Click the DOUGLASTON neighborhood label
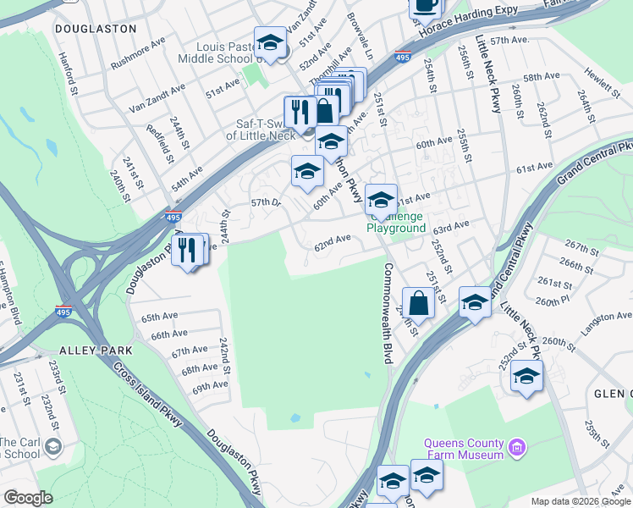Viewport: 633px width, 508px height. (95, 28)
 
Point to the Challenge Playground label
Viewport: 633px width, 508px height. (396, 222)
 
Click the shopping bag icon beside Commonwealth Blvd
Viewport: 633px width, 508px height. (418, 301)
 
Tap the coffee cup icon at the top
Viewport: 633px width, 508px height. (426, 7)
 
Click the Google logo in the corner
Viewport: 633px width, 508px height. (29, 498)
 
